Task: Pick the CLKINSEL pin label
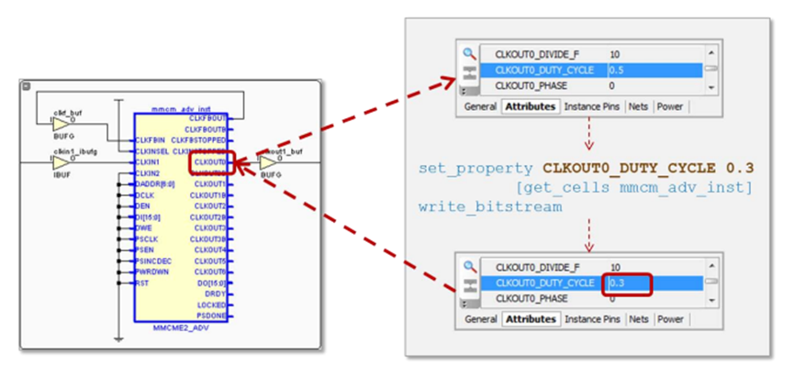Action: pos(153,151)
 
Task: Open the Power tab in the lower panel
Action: pos(669,319)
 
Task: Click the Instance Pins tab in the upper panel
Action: pos(593,106)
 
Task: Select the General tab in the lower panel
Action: pos(480,319)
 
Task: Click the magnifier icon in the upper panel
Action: pos(469,54)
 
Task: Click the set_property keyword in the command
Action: pos(475,169)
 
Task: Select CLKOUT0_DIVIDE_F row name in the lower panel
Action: pos(539,267)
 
